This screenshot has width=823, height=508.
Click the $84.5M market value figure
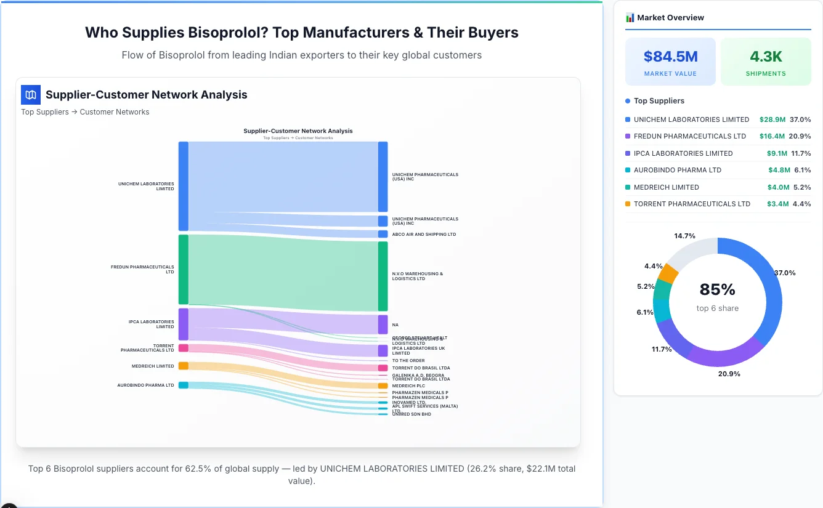pos(670,57)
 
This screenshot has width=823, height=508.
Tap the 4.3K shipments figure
pos(766,57)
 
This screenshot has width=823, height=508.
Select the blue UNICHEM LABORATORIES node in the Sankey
pos(184,186)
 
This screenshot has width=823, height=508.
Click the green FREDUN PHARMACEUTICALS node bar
pos(184,269)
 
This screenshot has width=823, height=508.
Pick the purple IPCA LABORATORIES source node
pos(184,324)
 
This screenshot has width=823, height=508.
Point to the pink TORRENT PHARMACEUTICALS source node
pos(184,348)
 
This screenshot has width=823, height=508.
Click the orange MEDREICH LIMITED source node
pos(184,366)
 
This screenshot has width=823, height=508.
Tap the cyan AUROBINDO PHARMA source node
pos(184,385)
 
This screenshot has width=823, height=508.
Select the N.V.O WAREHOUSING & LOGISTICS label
pos(417,276)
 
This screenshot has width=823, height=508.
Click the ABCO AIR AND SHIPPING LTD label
pos(424,235)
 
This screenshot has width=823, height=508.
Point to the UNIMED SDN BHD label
pos(411,414)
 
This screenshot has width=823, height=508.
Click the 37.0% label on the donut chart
pos(785,273)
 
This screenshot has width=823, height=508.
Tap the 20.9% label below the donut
pos(729,374)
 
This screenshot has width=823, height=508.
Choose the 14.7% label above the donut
pos(684,236)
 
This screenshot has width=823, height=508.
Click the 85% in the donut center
pos(717,289)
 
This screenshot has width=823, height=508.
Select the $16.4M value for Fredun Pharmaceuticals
pos(772,136)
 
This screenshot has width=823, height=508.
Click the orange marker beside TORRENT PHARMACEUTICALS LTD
pos(628,204)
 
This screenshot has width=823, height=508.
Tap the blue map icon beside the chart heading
pos(31,95)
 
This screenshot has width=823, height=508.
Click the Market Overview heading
pos(670,18)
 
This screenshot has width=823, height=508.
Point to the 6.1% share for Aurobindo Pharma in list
pos(802,170)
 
